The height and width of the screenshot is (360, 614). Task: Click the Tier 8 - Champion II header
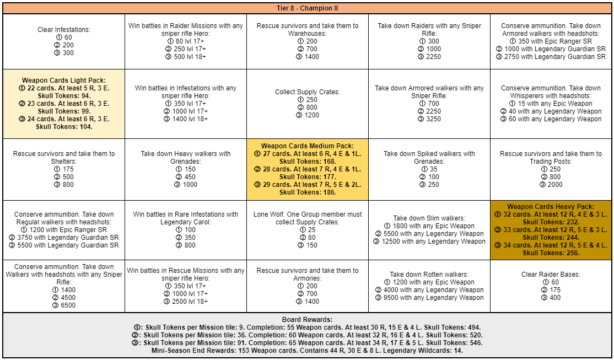(x=307, y=8)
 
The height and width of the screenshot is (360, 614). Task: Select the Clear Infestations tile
(x=64, y=41)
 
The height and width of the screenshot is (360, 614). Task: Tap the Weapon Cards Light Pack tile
(x=64, y=103)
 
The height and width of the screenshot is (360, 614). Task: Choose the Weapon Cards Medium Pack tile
(x=307, y=169)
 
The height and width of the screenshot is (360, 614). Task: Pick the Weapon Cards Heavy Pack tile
(x=551, y=230)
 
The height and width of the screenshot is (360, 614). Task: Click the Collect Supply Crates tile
(x=307, y=104)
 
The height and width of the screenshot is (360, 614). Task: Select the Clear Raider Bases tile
(x=551, y=286)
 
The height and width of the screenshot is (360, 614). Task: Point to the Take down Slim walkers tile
(x=429, y=230)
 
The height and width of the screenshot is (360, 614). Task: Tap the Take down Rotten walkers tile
(x=429, y=286)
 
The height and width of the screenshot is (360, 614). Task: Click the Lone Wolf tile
(x=307, y=230)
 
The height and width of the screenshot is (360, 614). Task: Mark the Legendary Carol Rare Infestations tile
(x=186, y=230)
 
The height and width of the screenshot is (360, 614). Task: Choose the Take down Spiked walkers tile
(x=429, y=169)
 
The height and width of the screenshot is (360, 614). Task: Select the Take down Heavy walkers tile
(x=186, y=169)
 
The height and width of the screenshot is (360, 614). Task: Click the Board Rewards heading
(x=307, y=319)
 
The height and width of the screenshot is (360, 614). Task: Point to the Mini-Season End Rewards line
(x=307, y=350)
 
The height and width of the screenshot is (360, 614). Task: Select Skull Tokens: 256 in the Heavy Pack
(x=551, y=253)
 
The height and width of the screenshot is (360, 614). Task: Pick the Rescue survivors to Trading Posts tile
(x=551, y=169)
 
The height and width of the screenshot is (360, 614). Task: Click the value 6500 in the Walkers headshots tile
(x=68, y=305)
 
